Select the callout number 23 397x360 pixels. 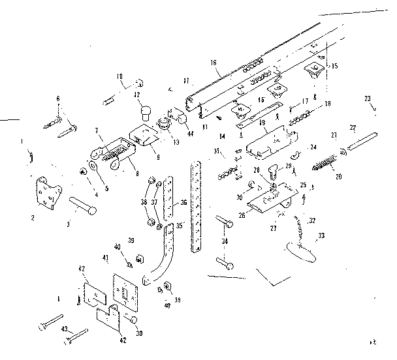pyautogui.click(x=368, y=98)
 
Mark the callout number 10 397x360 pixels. pyautogui.click(x=119, y=76)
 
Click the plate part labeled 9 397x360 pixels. pyautogui.click(x=144, y=134)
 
